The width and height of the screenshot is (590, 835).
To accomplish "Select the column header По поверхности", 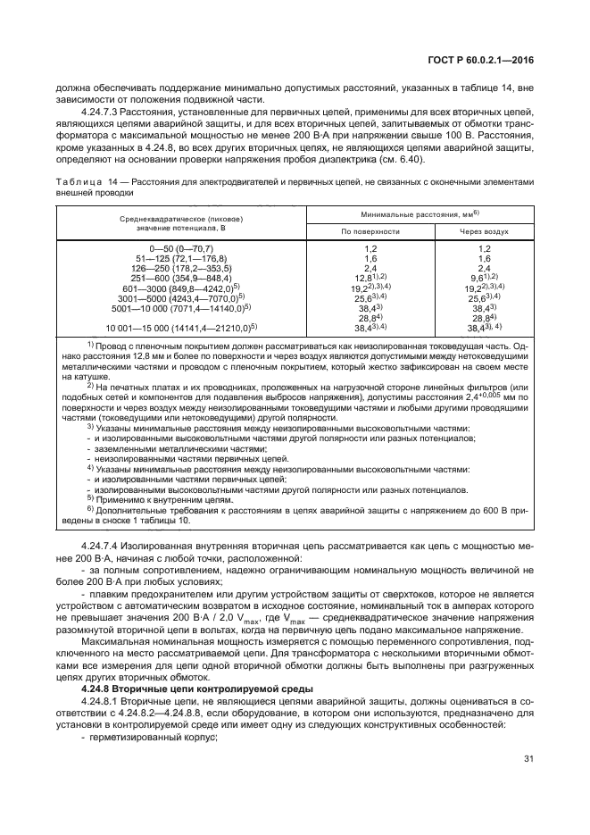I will coord(370,230).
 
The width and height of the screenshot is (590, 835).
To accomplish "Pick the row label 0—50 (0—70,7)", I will coord(181,247).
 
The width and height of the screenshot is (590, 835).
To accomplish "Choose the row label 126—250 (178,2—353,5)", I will coord(181,267).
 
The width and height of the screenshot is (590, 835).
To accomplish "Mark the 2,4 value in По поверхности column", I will coord(370,267).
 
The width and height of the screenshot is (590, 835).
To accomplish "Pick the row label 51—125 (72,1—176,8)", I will coord(181,257).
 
